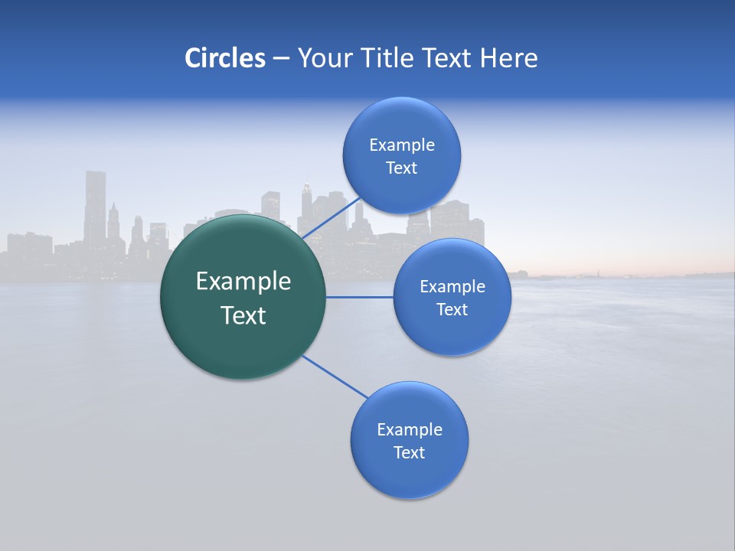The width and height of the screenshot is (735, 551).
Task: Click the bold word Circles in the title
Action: (224, 58)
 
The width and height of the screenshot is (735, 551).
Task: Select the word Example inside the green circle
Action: (243, 282)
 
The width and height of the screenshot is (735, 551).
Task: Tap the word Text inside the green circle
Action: (243, 315)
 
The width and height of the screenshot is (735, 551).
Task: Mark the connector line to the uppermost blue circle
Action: (332, 217)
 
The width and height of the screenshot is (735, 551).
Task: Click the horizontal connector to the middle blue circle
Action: (360, 297)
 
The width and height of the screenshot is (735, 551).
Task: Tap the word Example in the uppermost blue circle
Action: (402, 145)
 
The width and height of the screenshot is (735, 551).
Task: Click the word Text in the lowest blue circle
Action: (409, 452)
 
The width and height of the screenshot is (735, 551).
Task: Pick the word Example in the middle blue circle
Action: (452, 286)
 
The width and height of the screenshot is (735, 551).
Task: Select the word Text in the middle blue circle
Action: (452, 309)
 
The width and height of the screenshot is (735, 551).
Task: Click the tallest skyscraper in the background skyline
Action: (95, 207)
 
